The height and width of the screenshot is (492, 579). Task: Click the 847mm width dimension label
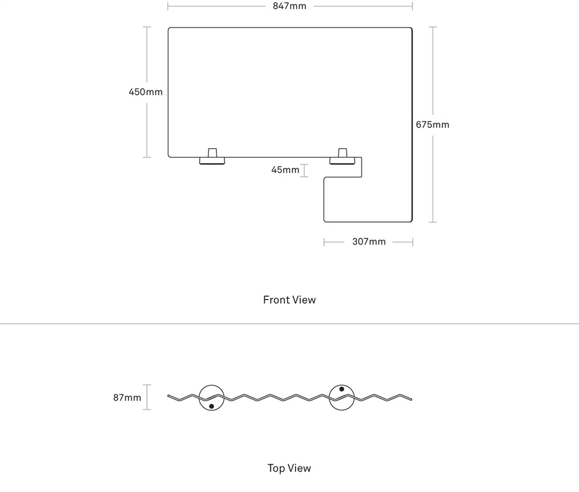[289, 6]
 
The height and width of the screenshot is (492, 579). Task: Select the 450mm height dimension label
[146, 92]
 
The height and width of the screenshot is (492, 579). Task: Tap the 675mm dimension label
[432, 125]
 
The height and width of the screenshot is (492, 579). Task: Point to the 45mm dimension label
[285, 170]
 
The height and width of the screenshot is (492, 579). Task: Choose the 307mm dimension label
[369, 242]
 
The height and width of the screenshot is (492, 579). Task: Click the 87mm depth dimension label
[127, 398]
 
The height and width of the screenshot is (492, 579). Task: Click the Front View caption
[289, 300]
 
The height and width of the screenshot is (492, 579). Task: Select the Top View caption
[289, 469]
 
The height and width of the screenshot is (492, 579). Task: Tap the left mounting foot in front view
[212, 157]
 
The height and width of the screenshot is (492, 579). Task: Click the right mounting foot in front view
[342, 157]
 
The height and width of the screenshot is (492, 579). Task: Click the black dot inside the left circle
[211, 407]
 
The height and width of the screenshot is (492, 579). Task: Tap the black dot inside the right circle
[342, 389]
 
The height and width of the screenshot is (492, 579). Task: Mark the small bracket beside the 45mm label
[304, 170]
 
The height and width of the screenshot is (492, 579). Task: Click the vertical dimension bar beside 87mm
[147, 397]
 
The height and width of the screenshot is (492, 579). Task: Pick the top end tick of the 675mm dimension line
[433, 27]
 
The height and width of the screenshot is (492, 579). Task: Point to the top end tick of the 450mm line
[147, 27]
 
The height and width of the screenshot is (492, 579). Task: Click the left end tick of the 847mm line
[168, 6]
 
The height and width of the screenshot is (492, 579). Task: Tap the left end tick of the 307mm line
[324, 242]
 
